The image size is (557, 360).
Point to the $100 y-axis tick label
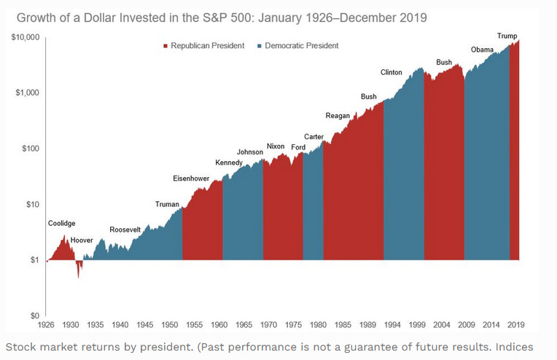[x=29, y=149]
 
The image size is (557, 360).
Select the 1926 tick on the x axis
[x=47, y=324]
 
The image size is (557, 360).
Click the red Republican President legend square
[x=165, y=46]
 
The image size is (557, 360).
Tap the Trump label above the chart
[x=508, y=36]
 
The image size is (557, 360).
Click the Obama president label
[x=482, y=50]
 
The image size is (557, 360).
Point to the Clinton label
[x=392, y=72]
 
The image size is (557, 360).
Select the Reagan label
[x=338, y=115]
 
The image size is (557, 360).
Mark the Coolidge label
[x=61, y=224]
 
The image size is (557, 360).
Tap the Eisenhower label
[x=191, y=179]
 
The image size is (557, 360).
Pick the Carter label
[x=313, y=137]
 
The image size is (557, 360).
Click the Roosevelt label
[x=125, y=230]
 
